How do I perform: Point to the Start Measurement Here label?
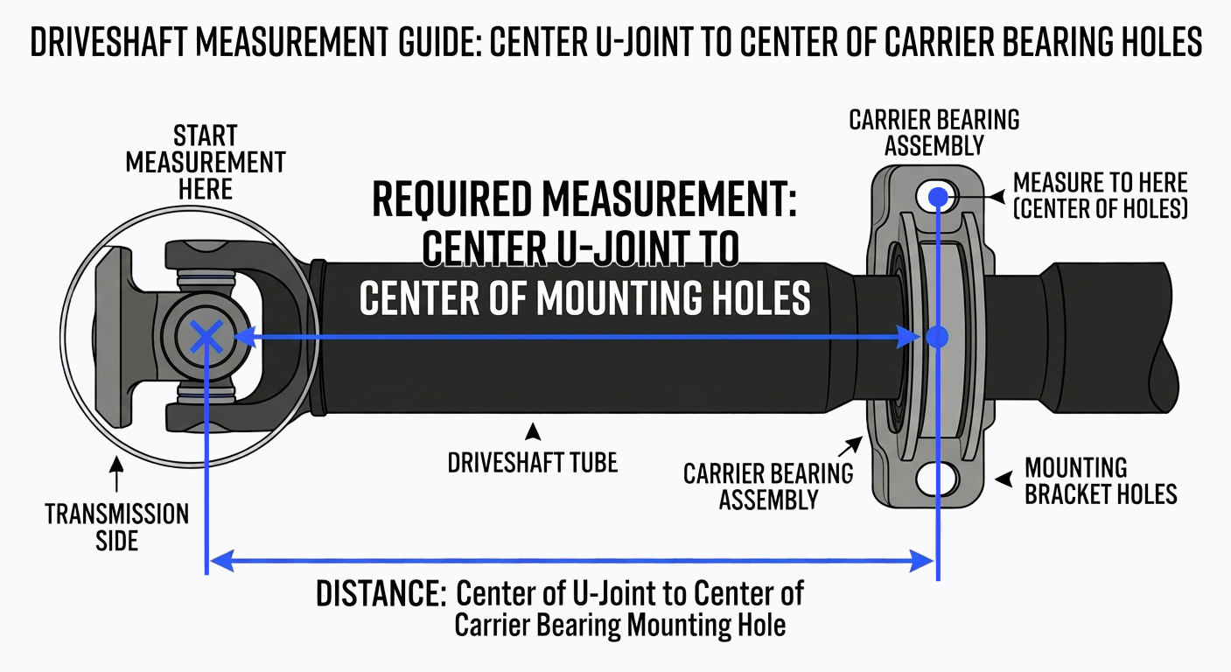206,163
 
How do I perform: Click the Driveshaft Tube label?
532,461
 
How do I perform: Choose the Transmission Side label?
117,527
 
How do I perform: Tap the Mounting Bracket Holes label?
1101,480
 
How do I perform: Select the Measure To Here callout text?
1100,196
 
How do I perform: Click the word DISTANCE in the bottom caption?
381,595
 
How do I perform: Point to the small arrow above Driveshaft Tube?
530,430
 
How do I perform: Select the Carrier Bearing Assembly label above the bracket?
934,132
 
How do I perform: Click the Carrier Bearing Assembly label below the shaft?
768,486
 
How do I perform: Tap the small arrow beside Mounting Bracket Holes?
1004,478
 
